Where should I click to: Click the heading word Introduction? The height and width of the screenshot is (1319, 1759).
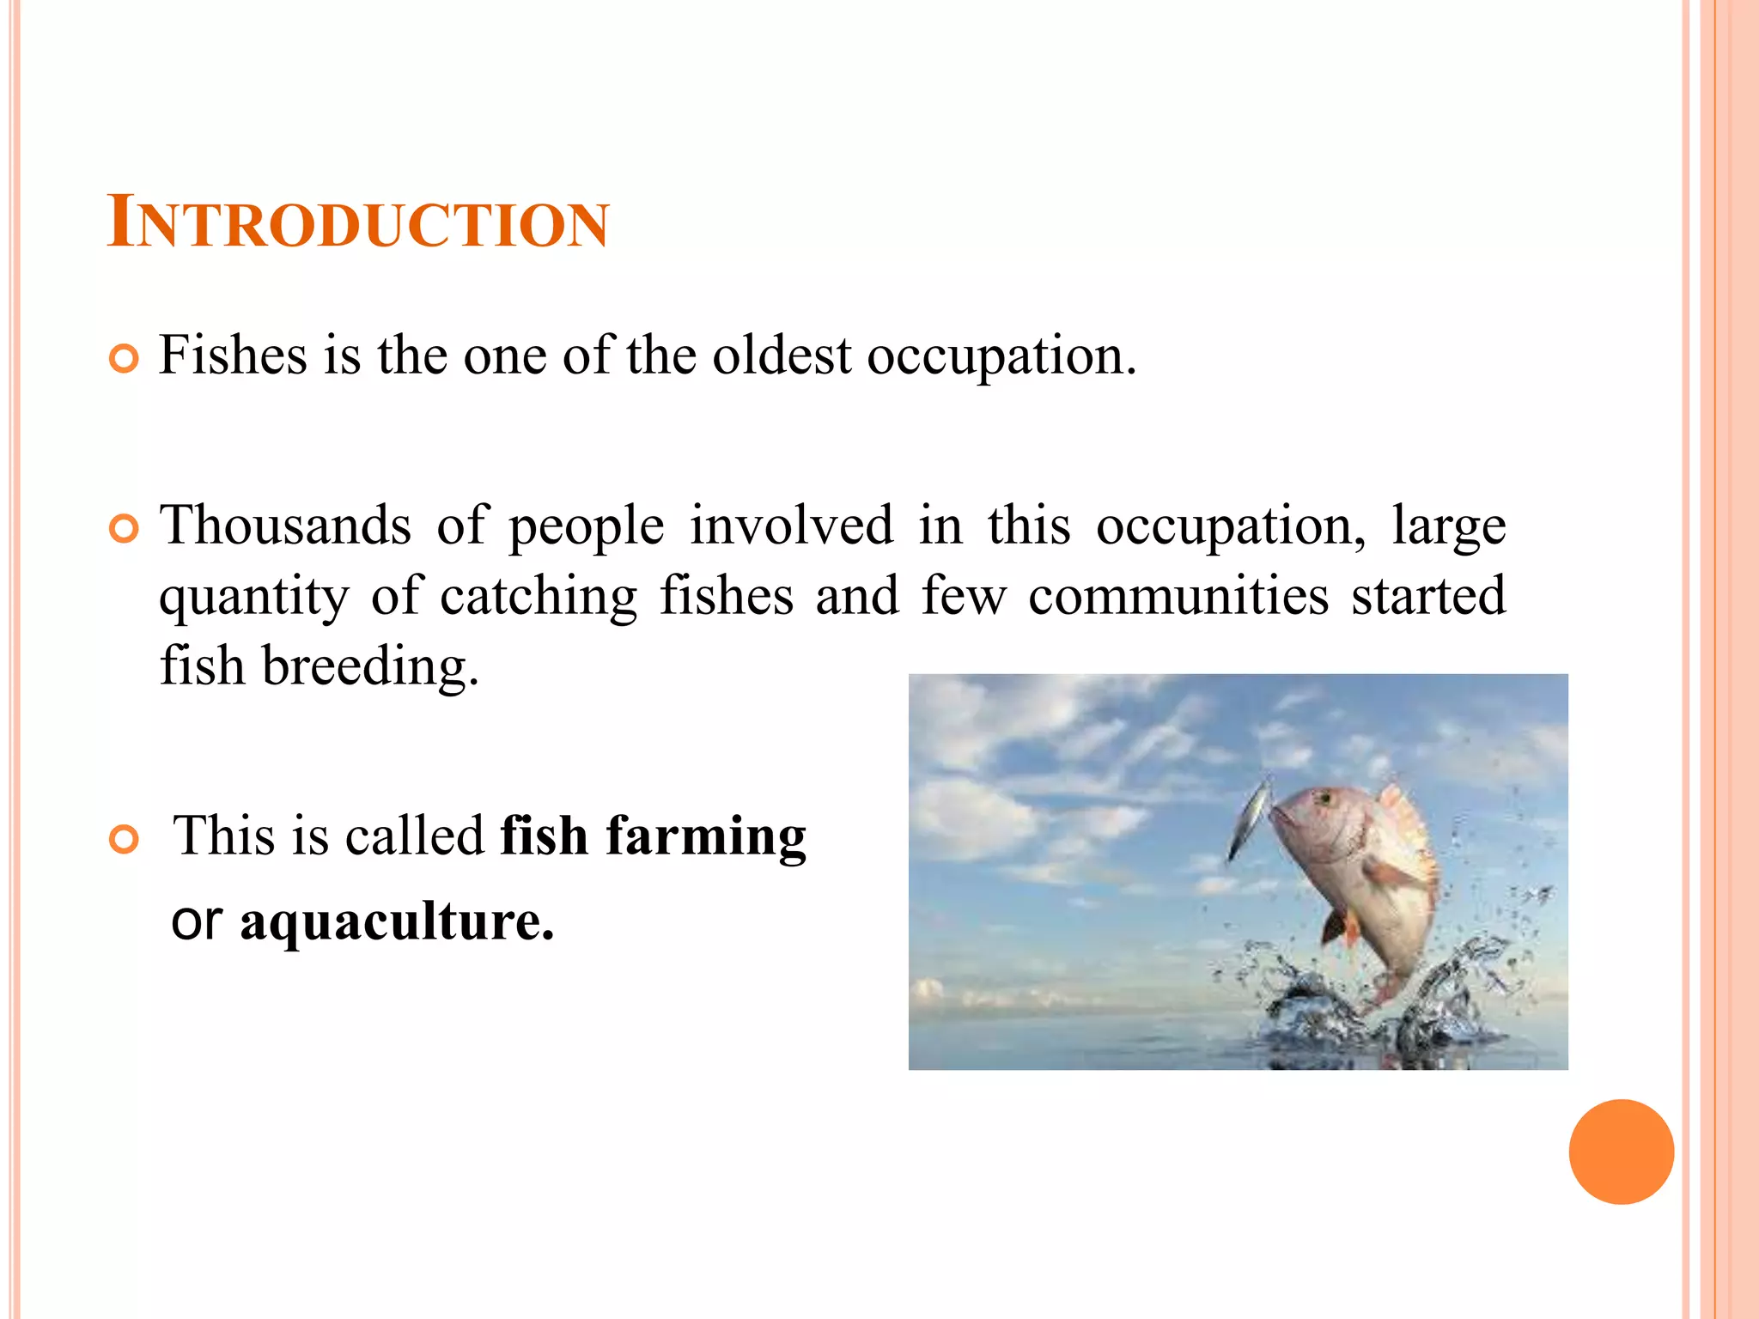coord(357,223)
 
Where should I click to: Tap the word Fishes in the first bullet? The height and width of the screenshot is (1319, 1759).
coord(233,355)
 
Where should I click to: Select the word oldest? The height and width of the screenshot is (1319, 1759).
coord(782,355)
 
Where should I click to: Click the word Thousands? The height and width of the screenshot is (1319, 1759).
coord(286,525)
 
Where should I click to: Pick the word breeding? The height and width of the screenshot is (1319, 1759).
coord(369,667)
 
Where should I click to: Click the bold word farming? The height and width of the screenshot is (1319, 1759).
coord(706,837)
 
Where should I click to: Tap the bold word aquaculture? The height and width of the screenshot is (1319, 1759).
coord(397,922)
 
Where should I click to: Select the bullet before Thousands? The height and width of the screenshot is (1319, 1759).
coord(125,529)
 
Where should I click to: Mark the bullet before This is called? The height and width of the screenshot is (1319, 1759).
coord(125,839)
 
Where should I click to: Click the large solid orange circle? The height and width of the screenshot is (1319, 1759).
coord(1621,1152)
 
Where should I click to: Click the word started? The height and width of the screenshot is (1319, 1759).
coord(1428,595)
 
